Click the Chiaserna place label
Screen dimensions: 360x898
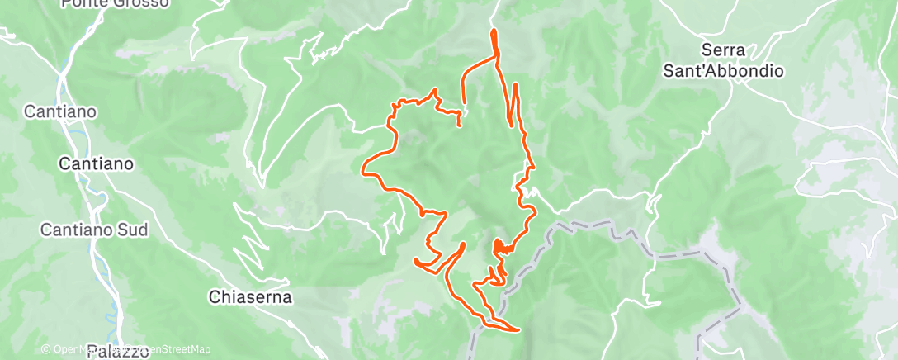coord(250,296)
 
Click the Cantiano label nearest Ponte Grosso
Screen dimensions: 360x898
coord(61,111)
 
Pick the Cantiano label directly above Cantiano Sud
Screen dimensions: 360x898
coord(96,164)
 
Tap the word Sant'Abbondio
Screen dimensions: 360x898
coord(724,71)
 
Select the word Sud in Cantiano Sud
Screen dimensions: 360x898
coord(131,230)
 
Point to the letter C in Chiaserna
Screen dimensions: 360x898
coord(215,296)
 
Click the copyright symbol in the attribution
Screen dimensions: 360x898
coord(45,349)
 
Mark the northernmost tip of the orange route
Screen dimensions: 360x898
coord(494,31)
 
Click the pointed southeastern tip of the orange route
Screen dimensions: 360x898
coord(518,330)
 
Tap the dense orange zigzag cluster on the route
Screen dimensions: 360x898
coord(499,247)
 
